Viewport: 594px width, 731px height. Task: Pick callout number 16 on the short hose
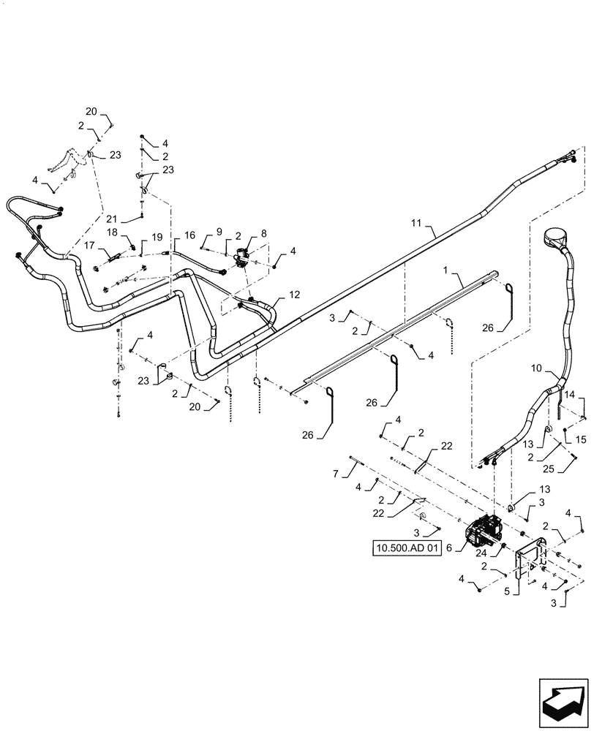tap(189, 235)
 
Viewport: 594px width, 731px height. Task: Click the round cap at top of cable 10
tap(557, 238)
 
